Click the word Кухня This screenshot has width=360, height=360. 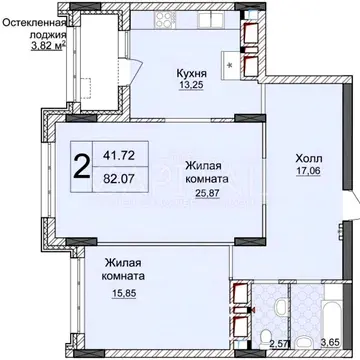192,73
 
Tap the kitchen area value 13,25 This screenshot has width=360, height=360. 191,85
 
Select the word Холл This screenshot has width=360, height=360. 308,158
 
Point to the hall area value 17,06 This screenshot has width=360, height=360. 308,171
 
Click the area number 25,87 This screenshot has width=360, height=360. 207,193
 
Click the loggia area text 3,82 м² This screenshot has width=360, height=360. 47,46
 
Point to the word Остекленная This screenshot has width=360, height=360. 33,23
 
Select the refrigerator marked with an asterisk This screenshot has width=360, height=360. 231,65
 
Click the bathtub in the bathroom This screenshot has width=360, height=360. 333,315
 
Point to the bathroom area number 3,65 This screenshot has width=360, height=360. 330,344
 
